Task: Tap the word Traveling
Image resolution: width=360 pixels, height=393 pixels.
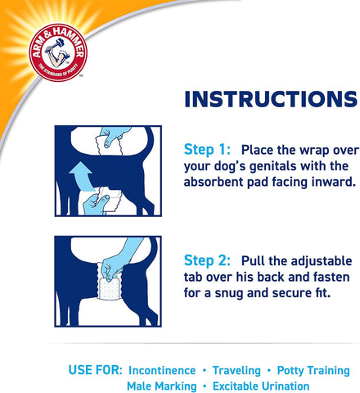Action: click(x=235, y=370)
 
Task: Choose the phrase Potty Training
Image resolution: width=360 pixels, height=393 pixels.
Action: click(x=312, y=370)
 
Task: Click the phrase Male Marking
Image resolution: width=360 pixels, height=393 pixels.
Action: click(x=161, y=386)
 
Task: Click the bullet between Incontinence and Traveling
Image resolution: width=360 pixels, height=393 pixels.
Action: click(x=203, y=370)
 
